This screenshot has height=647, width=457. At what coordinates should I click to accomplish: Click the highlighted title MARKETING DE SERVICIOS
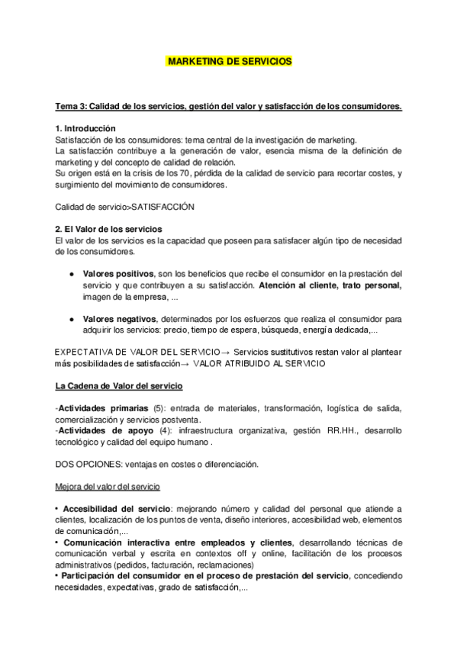tap(228, 61)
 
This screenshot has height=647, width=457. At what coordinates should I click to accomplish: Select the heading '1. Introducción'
tap(86, 128)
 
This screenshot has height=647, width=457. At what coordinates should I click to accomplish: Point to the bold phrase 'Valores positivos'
tap(117, 273)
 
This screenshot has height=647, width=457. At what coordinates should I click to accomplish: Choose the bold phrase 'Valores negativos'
tap(120, 318)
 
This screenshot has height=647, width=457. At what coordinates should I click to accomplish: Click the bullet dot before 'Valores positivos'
tap(71, 273)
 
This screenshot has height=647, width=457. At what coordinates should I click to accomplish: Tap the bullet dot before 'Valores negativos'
tap(71, 318)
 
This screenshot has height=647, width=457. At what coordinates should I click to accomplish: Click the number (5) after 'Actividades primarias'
tap(159, 408)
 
